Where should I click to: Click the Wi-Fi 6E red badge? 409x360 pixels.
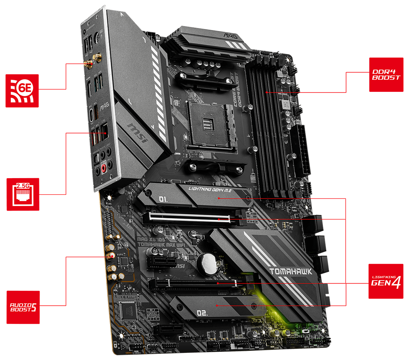(x=22, y=90)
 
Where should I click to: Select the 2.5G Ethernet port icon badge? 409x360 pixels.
(x=23, y=194)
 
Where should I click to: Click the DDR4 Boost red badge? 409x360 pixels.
(x=385, y=75)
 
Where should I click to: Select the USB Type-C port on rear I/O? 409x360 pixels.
(x=92, y=113)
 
